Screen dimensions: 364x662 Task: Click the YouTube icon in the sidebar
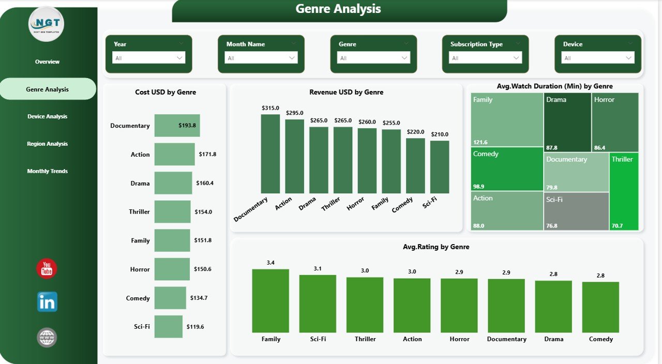pos(47,269)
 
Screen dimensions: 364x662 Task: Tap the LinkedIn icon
pos(47,302)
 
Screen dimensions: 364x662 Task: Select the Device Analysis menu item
pos(47,117)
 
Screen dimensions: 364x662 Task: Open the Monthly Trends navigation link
pos(47,171)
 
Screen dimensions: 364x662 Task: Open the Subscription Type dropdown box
pos(485,58)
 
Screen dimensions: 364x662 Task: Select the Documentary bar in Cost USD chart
pos(177,126)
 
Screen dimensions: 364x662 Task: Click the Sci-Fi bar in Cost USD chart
pos(168,327)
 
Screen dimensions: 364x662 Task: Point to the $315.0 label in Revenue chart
pos(270,108)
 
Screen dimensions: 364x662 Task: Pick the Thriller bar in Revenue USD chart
pos(342,160)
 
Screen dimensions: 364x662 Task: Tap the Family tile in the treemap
pos(507,119)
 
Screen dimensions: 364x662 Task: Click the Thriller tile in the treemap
pos(624,191)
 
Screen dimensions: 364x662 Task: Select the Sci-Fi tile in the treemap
pos(576,211)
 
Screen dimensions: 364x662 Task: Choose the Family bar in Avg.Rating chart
pos(270,301)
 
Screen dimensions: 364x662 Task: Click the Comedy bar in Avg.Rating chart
pos(600,307)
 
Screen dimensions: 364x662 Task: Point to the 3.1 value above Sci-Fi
pos(318,269)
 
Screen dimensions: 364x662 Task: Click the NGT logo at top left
pos(47,24)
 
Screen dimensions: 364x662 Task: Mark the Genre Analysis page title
pos(338,9)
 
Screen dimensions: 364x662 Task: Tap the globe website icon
pos(47,338)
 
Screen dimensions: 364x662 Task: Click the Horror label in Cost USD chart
pos(140,269)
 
